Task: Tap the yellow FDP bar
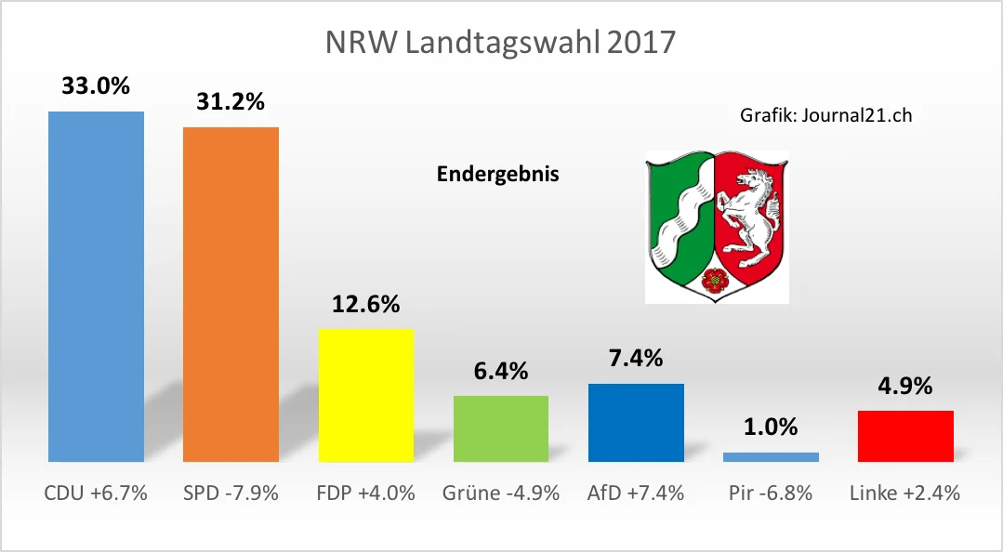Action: click(x=365, y=394)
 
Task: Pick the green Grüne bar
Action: click(x=500, y=427)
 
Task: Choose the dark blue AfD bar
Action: click(x=636, y=422)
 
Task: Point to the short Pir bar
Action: click(x=771, y=456)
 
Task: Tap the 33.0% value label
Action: click(x=96, y=86)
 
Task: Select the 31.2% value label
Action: click(x=231, y=101)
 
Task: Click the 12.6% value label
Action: click(x=365, y=303)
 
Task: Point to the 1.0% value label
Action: click(x=771, y=427)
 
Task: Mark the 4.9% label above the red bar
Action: click(x=905, y=386)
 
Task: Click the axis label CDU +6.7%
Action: click(x=96, y=493)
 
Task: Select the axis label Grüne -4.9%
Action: click(x=500, y=493)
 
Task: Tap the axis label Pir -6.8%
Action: click(x=771, y=493)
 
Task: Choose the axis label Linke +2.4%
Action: click(x=905, y=493)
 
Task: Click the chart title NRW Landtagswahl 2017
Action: click(x=500, y=43)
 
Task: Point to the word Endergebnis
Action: click(x=498, y=174)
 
